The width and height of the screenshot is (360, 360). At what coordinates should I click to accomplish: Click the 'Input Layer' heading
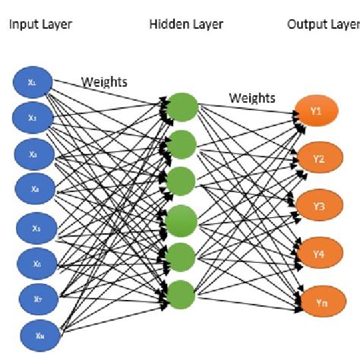pyautogui.click(x=40, y=24)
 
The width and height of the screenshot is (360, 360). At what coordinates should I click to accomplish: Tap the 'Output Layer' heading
pyautogui.click(x=323, y=24)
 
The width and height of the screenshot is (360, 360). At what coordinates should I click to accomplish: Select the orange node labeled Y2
pyautogui.click(x=317, y=159)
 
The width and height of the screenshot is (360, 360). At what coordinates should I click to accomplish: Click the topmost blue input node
pyautogui.click(x=32, y=81)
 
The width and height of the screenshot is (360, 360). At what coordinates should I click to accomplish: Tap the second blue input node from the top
pyautogui.click(x=32, y=117)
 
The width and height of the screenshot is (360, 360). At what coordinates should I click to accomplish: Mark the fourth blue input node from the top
pyautogui.click(x=32, y=188)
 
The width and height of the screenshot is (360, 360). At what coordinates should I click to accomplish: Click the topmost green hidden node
pyautogui.click(x=182, y=106)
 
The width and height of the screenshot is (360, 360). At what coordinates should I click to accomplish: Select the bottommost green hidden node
pyautogui.click(x=182, y=292)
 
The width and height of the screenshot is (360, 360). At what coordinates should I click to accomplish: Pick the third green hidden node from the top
pyautogui.click(x=182, y=181)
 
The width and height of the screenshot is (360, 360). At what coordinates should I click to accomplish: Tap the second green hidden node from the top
pyautogui.click(x=182, y=143)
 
